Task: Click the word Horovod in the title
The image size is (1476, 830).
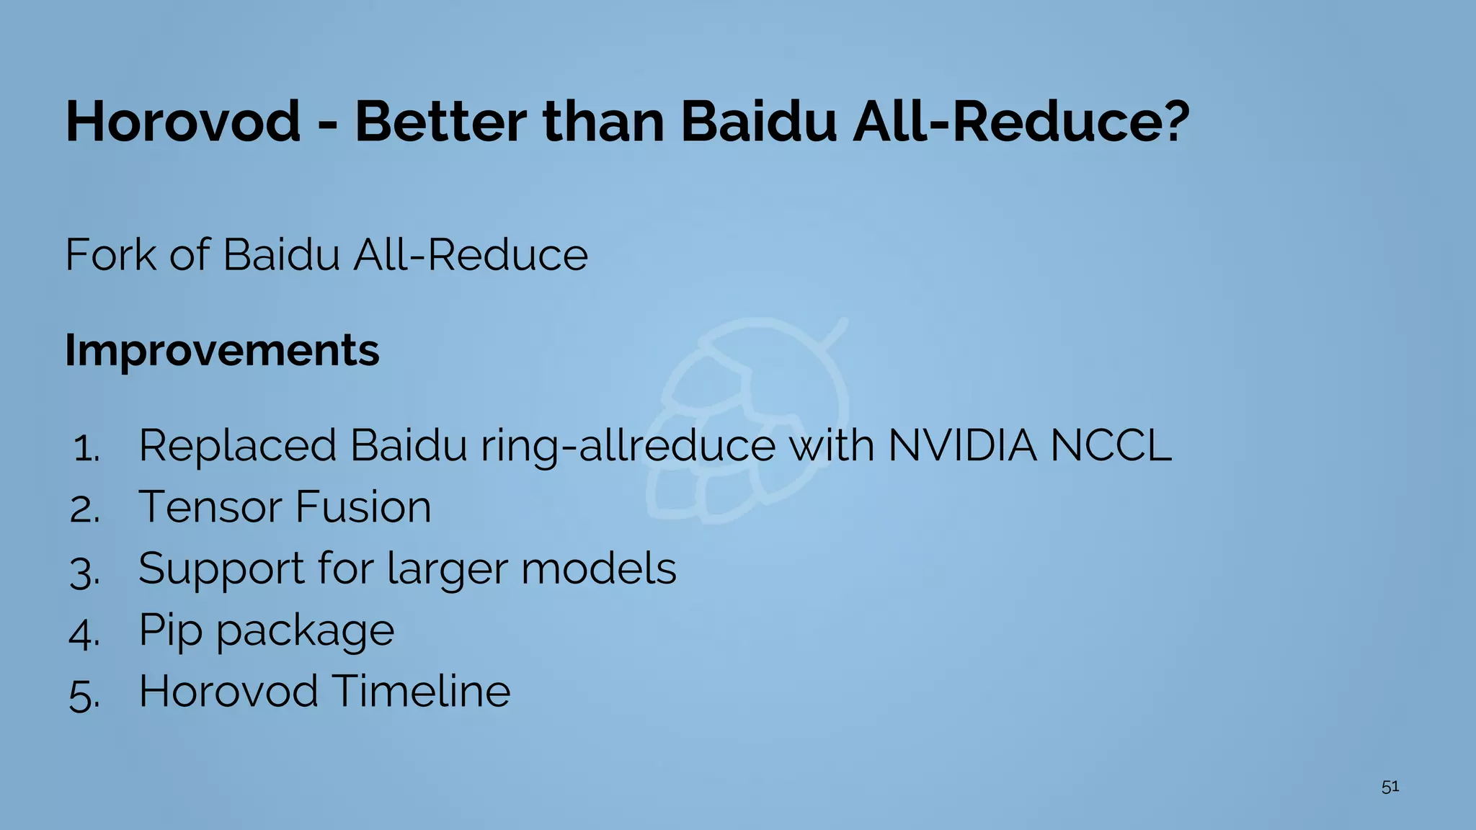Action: [x=183, y=121]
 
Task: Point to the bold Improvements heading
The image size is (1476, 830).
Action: [x=222, y=350]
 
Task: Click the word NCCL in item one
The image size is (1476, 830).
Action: [x=1110, y=445]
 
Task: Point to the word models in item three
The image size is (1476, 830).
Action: [x=598, y=568]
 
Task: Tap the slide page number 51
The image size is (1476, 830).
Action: [x=1390, y=787]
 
